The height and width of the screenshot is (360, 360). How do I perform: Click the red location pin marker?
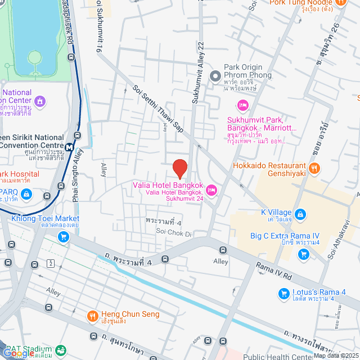179,169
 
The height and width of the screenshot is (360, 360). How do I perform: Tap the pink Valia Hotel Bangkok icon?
211,190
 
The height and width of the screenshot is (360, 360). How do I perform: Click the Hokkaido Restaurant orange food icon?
314,167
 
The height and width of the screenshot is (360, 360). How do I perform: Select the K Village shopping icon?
300,214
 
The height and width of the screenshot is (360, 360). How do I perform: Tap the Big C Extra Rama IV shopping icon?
304,254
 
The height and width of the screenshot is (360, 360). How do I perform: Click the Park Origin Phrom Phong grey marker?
215,75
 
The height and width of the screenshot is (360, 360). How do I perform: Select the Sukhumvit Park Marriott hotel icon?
242,105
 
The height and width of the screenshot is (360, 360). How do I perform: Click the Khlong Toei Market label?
44,218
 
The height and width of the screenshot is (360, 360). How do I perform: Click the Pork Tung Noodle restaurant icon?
340,3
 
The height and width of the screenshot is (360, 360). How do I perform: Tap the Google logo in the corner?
18,353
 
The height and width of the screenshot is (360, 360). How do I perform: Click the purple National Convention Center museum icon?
39,101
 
